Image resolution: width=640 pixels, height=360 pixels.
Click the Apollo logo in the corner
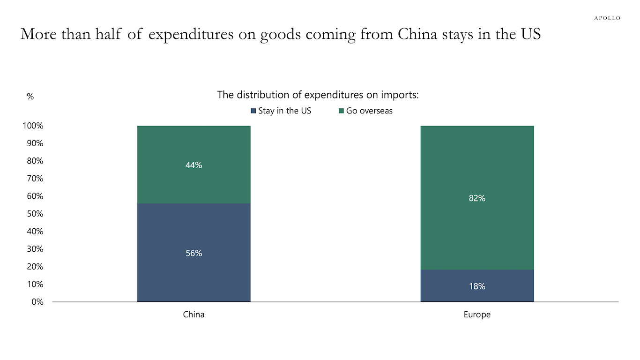pyautogui.click(x=607, y=18)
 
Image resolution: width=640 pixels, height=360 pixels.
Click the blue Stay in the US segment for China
pyautogui.click(x=194, y=272)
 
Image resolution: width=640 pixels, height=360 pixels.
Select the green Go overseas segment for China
pyautogui.click(x=194, y=145)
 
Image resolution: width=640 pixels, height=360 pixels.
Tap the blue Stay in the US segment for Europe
pyautogui.click(x=477, y=295)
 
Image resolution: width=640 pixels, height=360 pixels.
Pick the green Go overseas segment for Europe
pyautogui.click(x=477, y=225)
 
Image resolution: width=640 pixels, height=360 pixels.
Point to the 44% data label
pyautogui.click(x=194, y=165)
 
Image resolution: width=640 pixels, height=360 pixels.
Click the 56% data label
pyautogui.click(x=194, y=253)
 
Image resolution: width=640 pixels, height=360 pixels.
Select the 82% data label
pyautogui.click(x=477, y=198)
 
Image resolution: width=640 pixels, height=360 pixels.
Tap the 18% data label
pyautogui.click(x=477, y=286)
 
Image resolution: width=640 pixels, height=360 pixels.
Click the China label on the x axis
pyautogui.click(x=193, y=315)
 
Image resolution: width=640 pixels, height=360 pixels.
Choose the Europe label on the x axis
pyautogui.click(x=477, y=315)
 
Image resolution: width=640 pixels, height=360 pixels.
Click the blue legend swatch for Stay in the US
pyautogui.click(x=253, y=111)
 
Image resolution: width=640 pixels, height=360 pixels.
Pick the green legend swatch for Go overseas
pyautogui.click(x=342, y=111)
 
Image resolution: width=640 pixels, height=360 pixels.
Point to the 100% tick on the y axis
pyautogui.click(x=32, y=126)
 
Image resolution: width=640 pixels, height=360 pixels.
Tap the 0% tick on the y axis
pyautogui.click(x=37, y=302)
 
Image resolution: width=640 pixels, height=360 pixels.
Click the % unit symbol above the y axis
pyautogui.click(x=30, y=97)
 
